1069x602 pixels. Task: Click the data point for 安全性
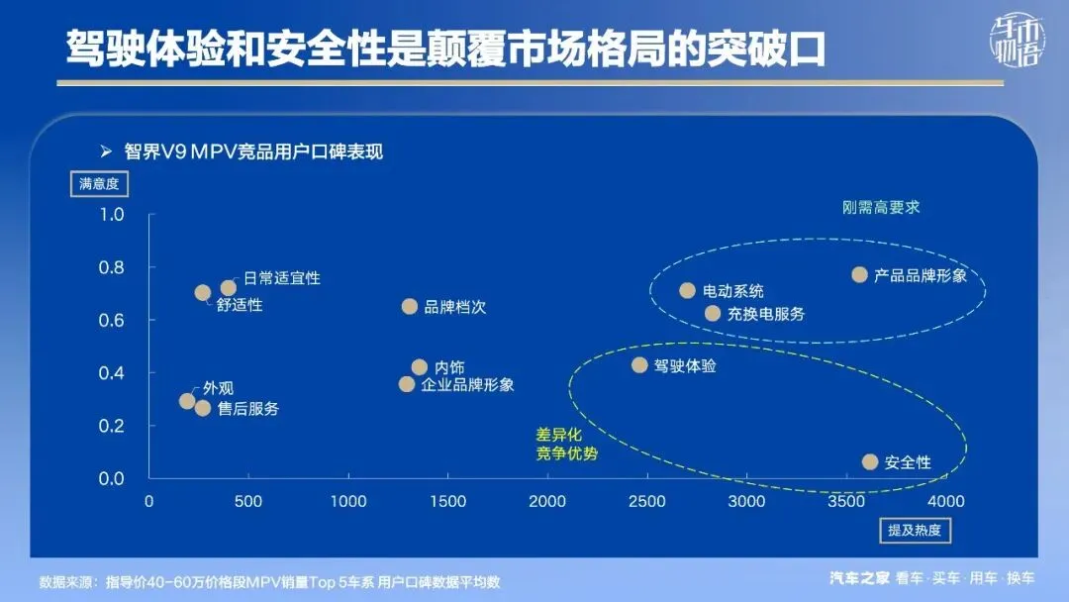pyautogui.click(x=870, y=461)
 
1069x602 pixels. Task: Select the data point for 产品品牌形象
pyautogui.click(x=859, y=274)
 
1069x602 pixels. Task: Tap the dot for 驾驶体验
pyautogui.click(x=639, y=364)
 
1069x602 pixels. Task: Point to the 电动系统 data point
pyautogui.click(x=687, y=290)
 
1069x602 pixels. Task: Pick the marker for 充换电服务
pyautogui.click(x=712, y=313)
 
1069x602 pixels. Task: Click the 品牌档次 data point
pyautogui.click(x=409, y=306)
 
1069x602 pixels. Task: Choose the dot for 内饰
pyautogui.click(x=420, y=366)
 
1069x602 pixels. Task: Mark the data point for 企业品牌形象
pyautogui.click(x=407, y=384)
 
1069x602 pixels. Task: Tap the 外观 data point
pyautogui.click(x=187, y=400)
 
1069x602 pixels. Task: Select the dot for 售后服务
pyautogui.click(x=203, y=408)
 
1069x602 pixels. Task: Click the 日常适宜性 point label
pyautogui.click(x=282, y=278)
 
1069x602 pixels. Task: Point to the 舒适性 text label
pyautogui.click(x=240, y=305)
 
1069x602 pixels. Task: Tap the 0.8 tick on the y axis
pyautogui.click(x=111, y=267)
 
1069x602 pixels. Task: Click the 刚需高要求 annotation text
pyautogui.click(x=881, y=207)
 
